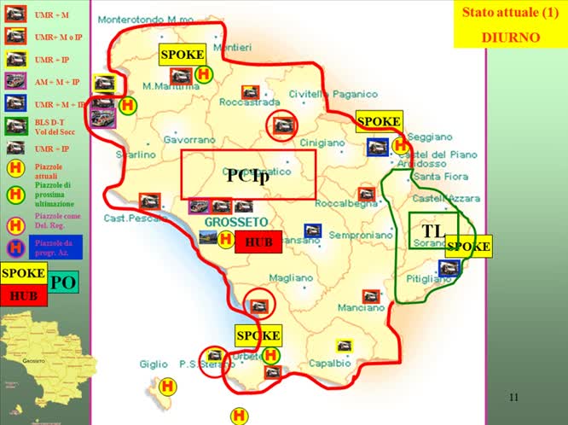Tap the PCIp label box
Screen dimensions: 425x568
click(x=248, y=176)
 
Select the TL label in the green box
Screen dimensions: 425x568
click(x=433, y=231)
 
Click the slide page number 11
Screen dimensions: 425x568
click(x=513, y=398)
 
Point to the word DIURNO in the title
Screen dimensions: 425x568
click(x=510, y=37)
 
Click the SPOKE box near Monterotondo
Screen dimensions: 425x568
click(x=183, y=55)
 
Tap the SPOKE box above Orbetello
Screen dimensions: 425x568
click(x=258, y=335)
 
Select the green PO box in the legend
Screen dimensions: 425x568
click(x=62, y=282)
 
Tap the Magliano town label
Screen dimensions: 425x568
click(x=291, y=277)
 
